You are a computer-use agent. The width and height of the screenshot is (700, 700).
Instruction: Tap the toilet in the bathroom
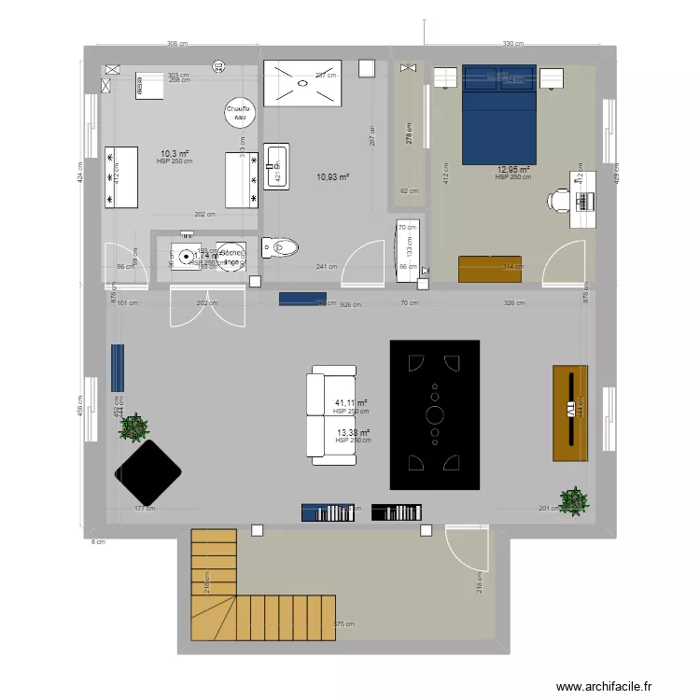282,247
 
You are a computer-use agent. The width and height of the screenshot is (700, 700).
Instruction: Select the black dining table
435,414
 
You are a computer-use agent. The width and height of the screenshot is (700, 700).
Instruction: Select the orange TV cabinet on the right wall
570,413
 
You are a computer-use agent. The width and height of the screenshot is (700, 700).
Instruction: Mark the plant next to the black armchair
134,427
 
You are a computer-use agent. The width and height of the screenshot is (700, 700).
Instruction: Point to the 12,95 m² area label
513,170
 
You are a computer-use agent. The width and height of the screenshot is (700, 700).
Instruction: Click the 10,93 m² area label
332,177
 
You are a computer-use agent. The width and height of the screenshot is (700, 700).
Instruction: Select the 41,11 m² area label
350,404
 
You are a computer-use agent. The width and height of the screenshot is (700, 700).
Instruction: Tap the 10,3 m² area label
175,154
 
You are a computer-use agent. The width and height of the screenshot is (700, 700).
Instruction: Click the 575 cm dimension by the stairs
344,624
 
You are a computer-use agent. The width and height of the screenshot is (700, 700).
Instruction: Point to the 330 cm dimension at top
512,44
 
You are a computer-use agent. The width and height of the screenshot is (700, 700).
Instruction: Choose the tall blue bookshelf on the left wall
118,368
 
